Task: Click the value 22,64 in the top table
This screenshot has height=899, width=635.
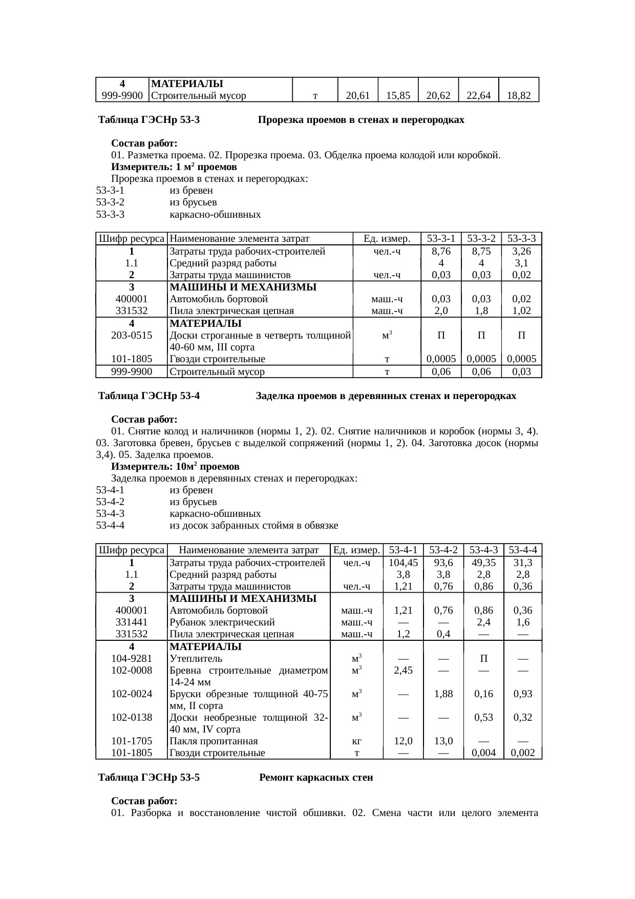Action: pyautogui.click(x=479, y=95)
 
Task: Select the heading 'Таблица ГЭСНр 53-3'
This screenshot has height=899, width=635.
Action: pyautogui.click(x=149, y=120)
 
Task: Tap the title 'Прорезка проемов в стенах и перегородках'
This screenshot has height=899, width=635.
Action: pyautogui.click(x=361, y=120)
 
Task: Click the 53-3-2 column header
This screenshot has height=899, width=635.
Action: pyautogui.click(x=481, y=239)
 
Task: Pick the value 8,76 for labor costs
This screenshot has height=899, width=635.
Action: pyautogui.click(x=441, y=252)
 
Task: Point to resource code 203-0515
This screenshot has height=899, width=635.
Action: pyautogui.click(x=132, y=336)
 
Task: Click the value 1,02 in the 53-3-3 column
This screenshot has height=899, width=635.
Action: pyautogui.click(x=521, y=311)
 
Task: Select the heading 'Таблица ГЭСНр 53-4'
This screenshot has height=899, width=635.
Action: pyautogui.click(x=149, y=396)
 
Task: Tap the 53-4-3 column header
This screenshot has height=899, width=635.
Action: pyautogui.click(x=484, y=550)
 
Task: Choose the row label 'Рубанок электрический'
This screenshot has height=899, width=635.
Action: pyautogui.click(x=222, y=622)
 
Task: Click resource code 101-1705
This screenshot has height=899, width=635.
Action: pyautogui.click(x=132, y=741)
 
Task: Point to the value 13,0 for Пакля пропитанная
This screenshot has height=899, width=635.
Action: pyautogui.click(x=443, y=741)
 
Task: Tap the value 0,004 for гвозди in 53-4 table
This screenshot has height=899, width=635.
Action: pyautogui.click(x=483, y=752)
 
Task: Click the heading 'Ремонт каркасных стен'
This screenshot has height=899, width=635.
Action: pyautogui.click(x=316, y=778)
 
